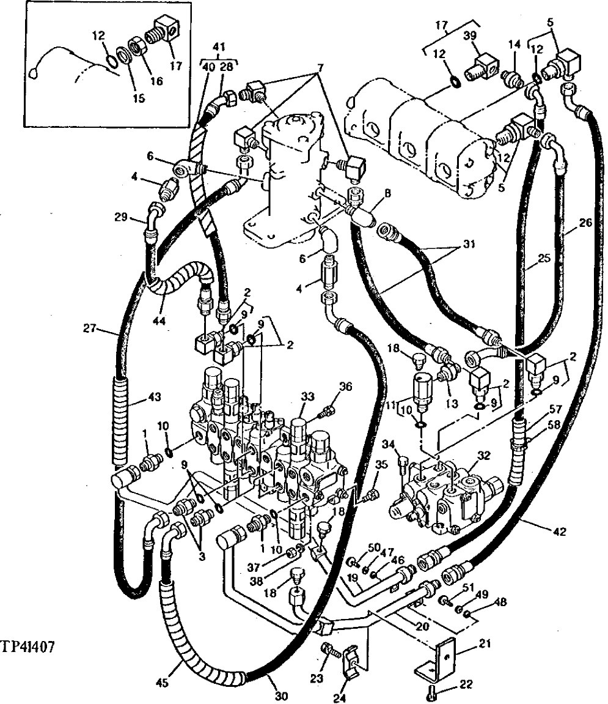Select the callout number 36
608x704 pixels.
coord(346,386)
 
